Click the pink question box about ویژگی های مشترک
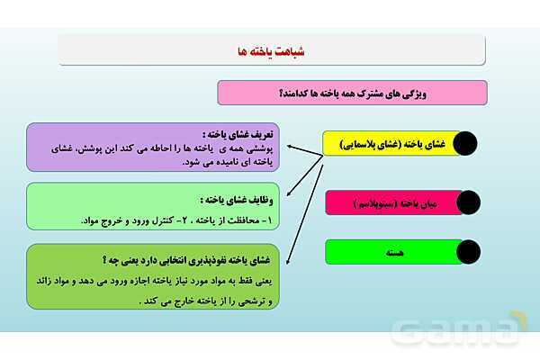pyautogui.click(x=352, y=93)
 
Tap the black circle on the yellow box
pyautogui.click(x=464, y=144)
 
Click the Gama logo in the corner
pyautogui.click(x=482, y=332)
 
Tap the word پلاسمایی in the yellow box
pyautogui.click(x=360, y=144)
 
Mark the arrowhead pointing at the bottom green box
pyautogui.click(x=287, y=262)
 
